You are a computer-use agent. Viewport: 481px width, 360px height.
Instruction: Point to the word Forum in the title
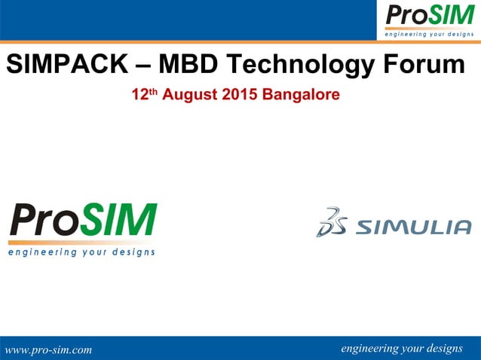point(423,66)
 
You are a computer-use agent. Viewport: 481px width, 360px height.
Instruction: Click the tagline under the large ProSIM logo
point(82,252)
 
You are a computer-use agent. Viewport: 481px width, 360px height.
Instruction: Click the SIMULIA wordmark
point(412,226)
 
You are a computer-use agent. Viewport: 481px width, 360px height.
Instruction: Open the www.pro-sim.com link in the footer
point(48,349)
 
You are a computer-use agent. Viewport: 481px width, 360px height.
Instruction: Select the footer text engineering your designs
point(402,348)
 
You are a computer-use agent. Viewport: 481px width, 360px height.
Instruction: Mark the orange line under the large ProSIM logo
point(82,243)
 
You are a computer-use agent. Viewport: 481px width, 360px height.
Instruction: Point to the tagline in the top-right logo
point(429,34)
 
